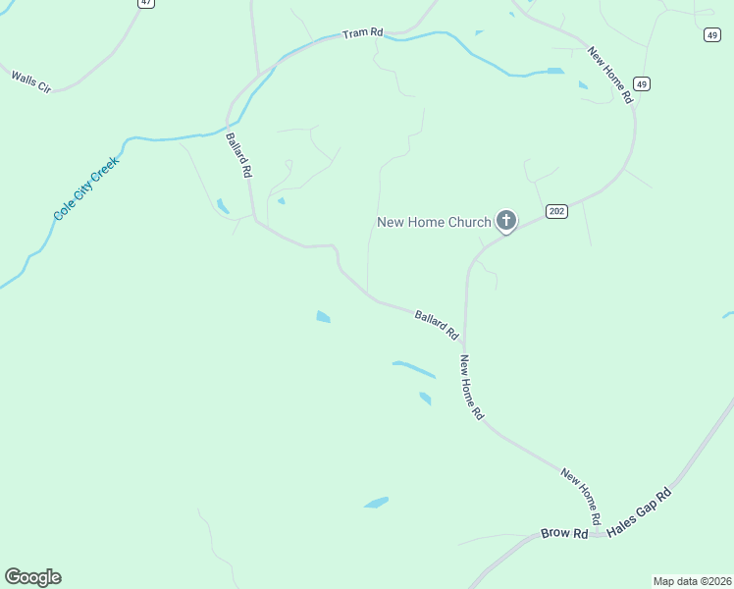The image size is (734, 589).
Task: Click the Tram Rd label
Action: point(362,33)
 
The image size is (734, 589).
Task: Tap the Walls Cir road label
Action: point(30,81)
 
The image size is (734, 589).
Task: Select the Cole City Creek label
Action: point(86,187)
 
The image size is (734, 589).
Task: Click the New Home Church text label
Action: point(434,222)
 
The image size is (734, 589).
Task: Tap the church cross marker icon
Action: point(506,220)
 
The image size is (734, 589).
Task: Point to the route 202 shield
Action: point(557,212)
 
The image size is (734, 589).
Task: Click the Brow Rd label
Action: point(564,534)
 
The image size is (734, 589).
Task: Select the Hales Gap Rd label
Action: point(639,511)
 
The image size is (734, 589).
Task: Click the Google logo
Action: point(32,577)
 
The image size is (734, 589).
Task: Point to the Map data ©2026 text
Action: point(692,580)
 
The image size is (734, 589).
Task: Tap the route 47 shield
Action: point(146,3)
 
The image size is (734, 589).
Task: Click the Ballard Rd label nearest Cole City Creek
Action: point(239,154)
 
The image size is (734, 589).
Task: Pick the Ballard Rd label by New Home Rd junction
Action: point(437,325)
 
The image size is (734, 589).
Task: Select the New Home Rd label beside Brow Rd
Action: point(581,495)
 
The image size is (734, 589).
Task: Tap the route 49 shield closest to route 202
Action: point(641,83)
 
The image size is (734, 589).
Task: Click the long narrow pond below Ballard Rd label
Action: point(414,368)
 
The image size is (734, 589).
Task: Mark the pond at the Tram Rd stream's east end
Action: point(555,72)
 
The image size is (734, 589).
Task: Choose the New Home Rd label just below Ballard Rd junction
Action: point(472,388)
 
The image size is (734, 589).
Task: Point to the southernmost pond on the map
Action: point(376,503)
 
